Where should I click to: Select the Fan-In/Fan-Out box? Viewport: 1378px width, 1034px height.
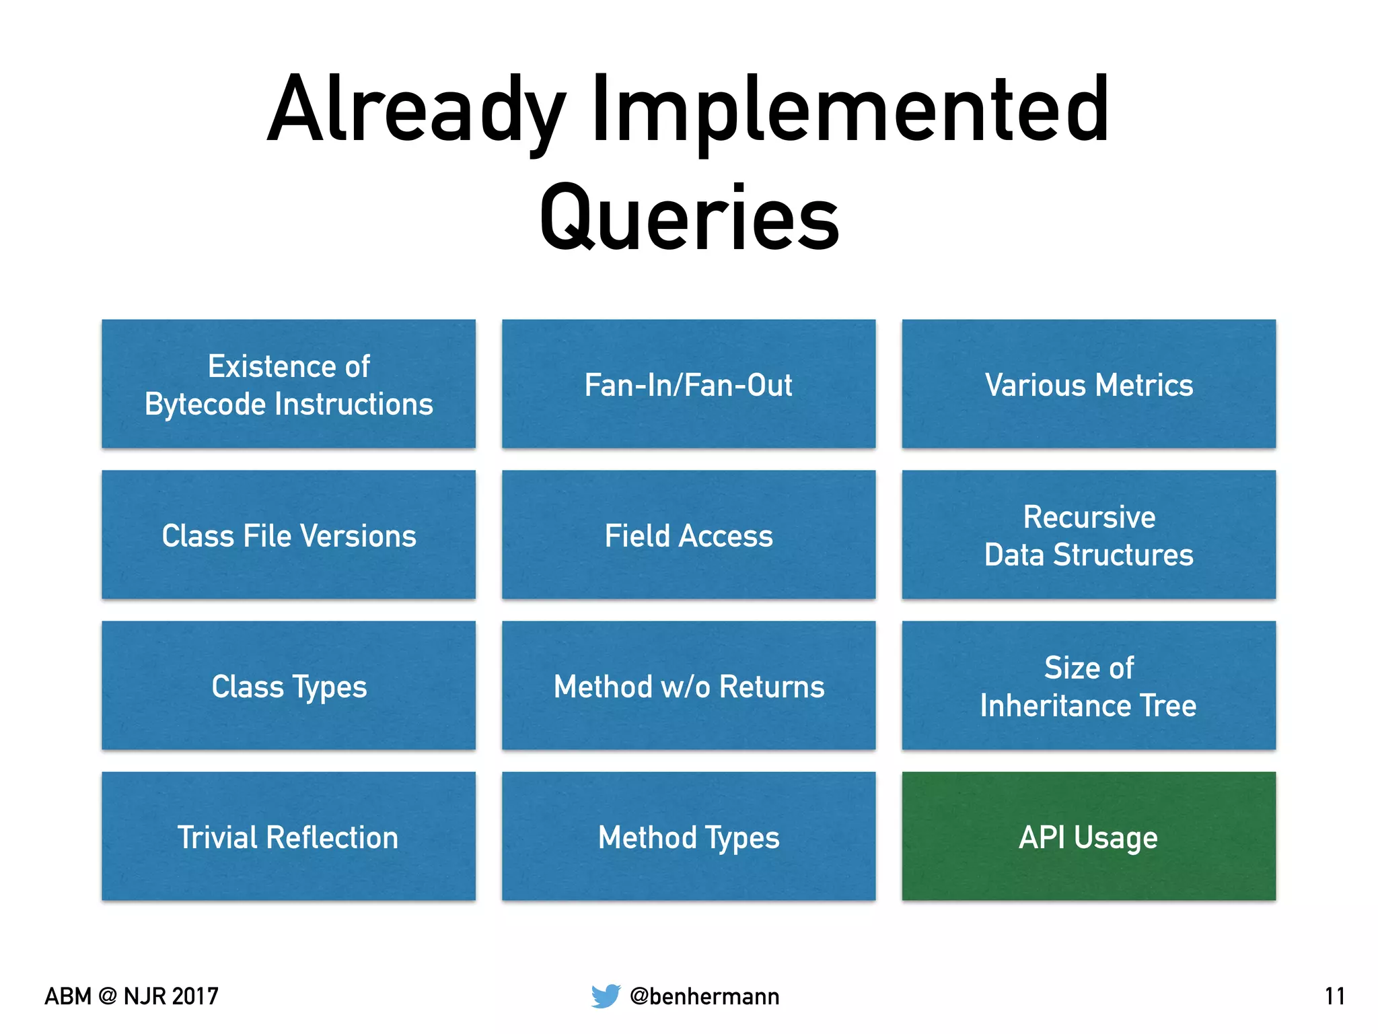coord(688,384)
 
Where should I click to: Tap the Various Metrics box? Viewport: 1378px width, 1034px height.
coord(1089,384)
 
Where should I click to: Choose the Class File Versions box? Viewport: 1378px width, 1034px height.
coord(289,535)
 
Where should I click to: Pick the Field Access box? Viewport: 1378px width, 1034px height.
coord(688,535)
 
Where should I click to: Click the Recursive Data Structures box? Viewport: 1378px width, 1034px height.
coord(1089,535)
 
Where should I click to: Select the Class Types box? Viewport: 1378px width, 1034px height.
coord(289,685)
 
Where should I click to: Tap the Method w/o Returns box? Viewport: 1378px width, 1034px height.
coord(688,685)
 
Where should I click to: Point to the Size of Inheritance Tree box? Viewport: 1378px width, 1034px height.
coord(1089,685)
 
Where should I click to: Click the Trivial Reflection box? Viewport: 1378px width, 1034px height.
coord(289,836)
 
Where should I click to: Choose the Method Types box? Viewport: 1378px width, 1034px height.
coord(688,836)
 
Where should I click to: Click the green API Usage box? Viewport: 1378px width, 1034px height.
coord(1089,836)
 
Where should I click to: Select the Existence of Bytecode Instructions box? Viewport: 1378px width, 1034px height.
coord(289,384)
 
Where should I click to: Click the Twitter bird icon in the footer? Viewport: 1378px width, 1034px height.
coord(606,996)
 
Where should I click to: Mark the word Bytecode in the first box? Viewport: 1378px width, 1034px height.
coord(206,405)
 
